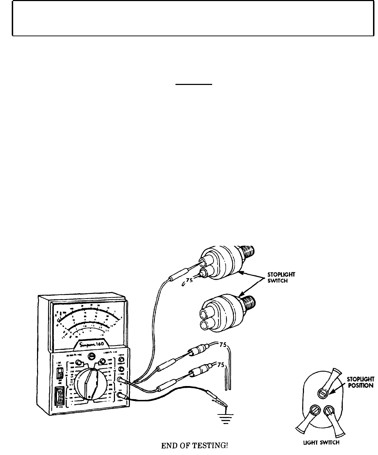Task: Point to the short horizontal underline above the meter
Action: click(x=194, y=84)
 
